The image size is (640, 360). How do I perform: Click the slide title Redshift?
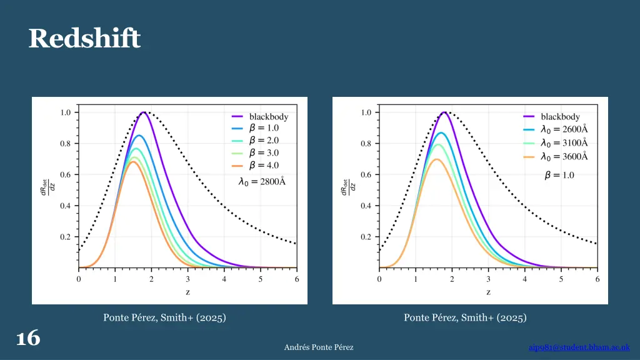tap(84, 39)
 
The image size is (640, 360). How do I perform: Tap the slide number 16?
tap(28, 338)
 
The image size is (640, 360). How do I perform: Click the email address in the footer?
tap(579, 347)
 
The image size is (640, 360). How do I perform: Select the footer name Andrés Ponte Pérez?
tap(319, 347)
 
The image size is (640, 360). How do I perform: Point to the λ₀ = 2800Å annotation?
tap(262, 182)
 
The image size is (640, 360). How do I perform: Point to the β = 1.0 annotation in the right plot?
tap(559, 176)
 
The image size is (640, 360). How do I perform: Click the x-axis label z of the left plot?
tap(187, 292)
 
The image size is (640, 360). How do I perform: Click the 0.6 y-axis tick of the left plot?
tap(65, 174)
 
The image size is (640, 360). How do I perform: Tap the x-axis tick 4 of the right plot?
tap(525, 279)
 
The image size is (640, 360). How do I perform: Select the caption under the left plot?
tap(164, 318)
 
